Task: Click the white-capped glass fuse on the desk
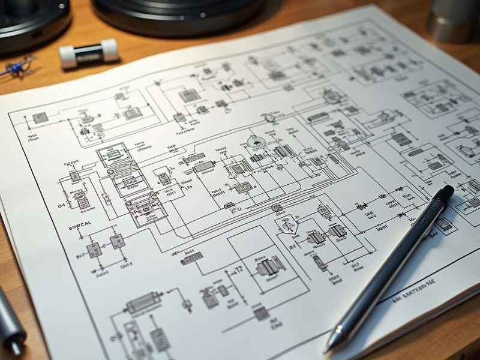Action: pos(89,53)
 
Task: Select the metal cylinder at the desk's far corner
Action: pos(454,21)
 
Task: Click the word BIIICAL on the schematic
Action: pos(80,224)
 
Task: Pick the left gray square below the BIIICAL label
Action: pos(94,250)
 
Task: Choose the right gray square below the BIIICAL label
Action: pos(117,241)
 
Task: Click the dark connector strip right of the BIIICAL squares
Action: pos(191,258)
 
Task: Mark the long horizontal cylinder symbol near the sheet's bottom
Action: pos(143,302)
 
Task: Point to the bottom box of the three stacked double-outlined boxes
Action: pos(143,209)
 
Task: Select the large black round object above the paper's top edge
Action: pos(178,16)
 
